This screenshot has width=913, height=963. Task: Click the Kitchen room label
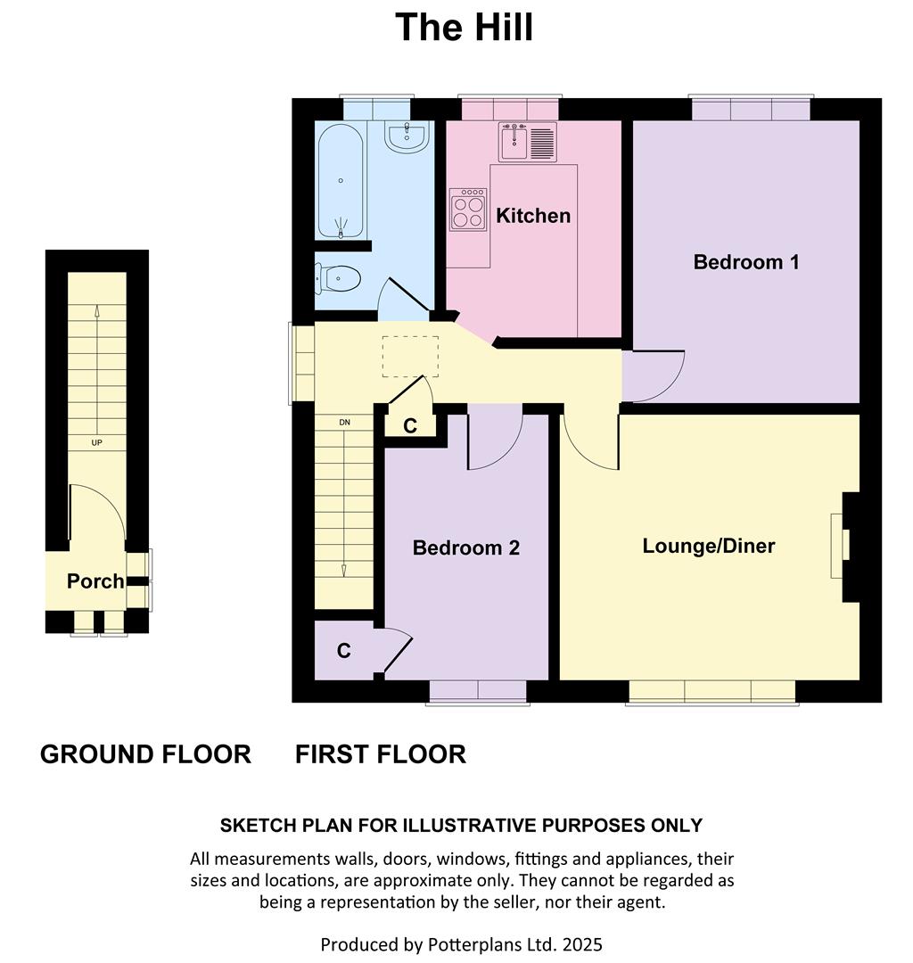pos(533,216)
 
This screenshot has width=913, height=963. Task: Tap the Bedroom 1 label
pos(746,262)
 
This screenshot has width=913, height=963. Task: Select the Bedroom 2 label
pos(466,547)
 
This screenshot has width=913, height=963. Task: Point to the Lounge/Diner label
pos(709,546)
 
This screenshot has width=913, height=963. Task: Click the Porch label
pos(95,581)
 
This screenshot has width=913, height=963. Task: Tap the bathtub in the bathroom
pos(341,182)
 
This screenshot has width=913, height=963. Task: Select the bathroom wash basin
pos(407,136)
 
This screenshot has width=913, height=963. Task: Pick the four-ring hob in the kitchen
pos(468,210)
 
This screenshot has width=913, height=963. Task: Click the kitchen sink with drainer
pos(528,143)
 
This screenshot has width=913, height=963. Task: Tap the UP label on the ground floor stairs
pos(96,443)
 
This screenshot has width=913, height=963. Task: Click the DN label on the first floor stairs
pos(344,423)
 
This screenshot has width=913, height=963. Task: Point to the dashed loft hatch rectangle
pos(410,356)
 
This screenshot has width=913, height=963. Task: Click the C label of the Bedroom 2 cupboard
pos(344,651)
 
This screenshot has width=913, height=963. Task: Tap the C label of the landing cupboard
pos(410,425)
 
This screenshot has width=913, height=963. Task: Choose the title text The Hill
pos(465,27)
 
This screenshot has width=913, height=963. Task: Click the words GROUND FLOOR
pos(145,754)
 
